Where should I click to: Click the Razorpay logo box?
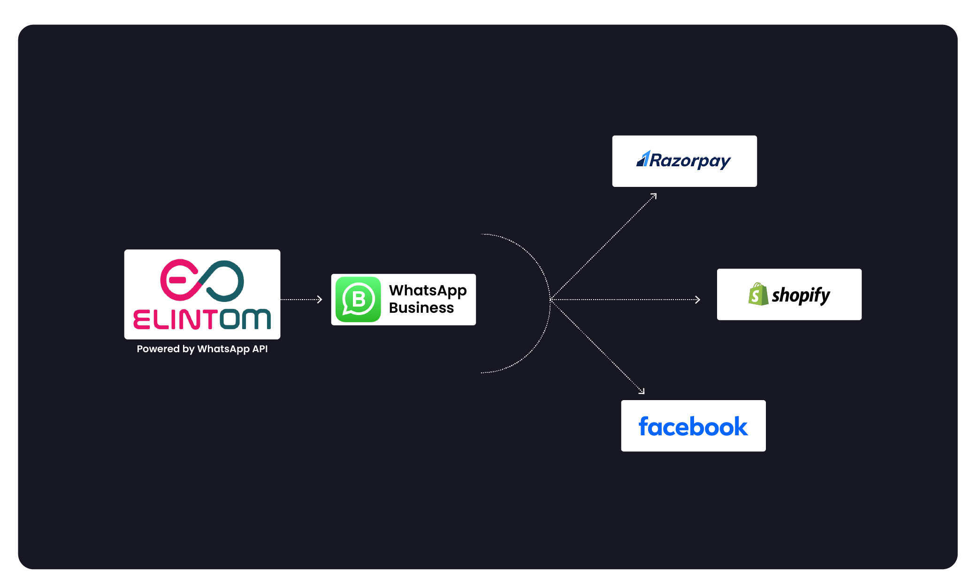pos(684,161)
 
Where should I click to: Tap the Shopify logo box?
pos(789,294)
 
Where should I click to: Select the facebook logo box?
pos(693,426)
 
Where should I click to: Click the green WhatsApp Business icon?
pos(358,300)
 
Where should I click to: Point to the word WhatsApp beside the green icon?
pos(428,291)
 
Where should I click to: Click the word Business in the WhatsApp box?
pos(421,308)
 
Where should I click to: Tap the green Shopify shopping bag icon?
pos(758,294)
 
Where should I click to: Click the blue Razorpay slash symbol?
pos(643,160)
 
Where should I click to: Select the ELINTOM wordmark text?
pos(202,319)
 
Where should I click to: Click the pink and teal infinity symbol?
pos(202,280)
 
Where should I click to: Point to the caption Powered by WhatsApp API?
pos(202,349)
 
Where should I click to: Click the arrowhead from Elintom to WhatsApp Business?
pos(320,300)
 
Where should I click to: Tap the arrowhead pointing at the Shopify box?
pos(698,300)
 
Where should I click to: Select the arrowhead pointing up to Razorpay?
pos(654,196)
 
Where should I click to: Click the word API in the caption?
pos(260,349)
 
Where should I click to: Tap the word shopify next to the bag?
pos(801,295)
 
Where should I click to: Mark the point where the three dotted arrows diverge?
pos(551,300)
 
